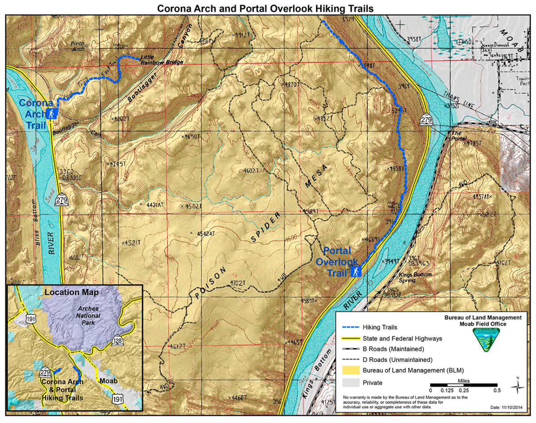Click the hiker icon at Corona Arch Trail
(x=52, y=114)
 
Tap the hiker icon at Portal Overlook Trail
(x=356, y=271)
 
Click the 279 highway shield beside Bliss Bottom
(x=62, y=200)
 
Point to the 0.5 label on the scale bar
(x=496, y=390)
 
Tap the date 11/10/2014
(x=507, y=407)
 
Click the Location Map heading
(x=71, y=293)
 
